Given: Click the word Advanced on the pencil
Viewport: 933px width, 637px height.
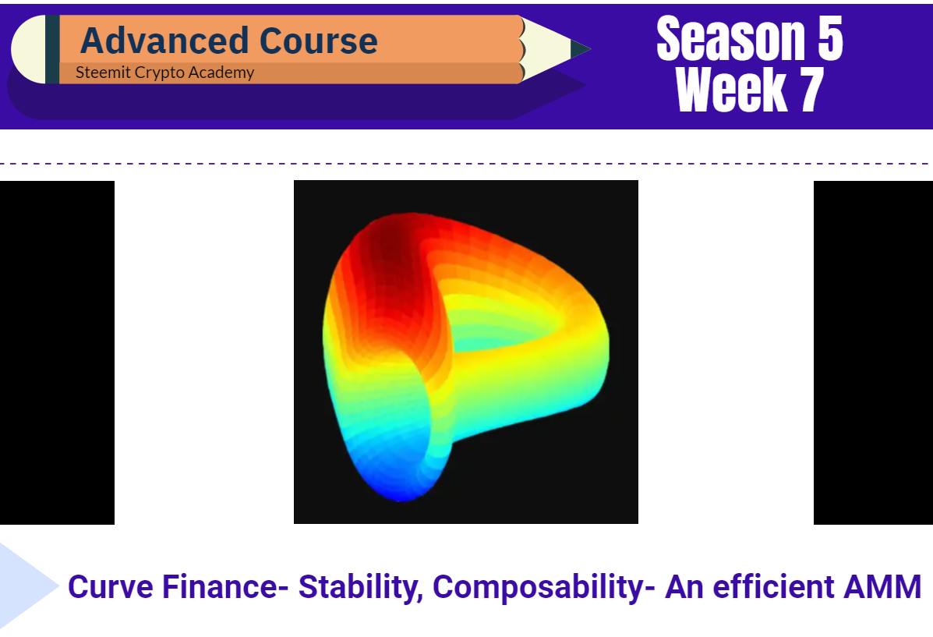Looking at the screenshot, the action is pos(164,41).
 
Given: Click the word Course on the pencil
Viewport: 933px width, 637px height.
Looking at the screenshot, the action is pos(319,41).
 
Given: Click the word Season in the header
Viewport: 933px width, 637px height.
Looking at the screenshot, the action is pos(731,39).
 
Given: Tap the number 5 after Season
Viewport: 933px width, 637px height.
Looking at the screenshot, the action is pos(831,39).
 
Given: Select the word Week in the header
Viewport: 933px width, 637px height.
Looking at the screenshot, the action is pos(732,90).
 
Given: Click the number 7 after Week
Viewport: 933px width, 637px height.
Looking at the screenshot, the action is pos(812,90).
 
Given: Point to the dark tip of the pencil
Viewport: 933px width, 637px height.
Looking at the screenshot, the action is pos(579,49).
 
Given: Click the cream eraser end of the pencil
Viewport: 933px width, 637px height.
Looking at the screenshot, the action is pos(29,49).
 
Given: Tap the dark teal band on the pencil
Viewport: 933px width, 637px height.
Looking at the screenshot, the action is pos(52,49).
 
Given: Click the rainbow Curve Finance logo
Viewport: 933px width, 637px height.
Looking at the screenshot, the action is pos(465,356).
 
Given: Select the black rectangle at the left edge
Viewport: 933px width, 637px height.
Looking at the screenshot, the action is pos(57,352).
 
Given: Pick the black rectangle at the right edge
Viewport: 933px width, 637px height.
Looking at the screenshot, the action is pos(873,352).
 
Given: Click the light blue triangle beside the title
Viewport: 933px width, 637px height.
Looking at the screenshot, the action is pos(27,586).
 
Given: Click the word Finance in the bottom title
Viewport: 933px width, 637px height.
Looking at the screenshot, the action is pos(220,586).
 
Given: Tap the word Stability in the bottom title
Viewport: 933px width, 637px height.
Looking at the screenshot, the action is pos(361,588).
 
